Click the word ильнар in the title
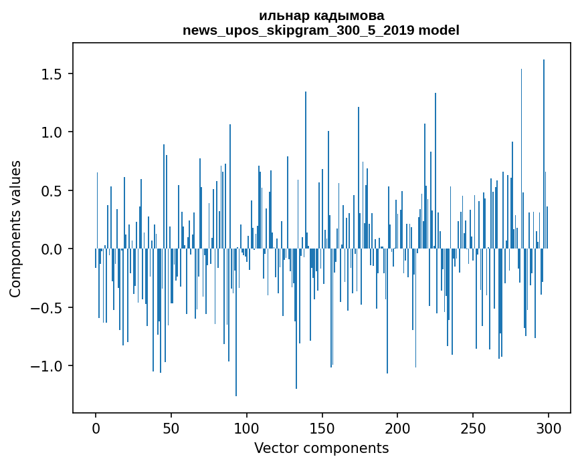tap(281, 16)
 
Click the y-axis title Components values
tap(15, 228)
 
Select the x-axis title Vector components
tap(321, 448)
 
